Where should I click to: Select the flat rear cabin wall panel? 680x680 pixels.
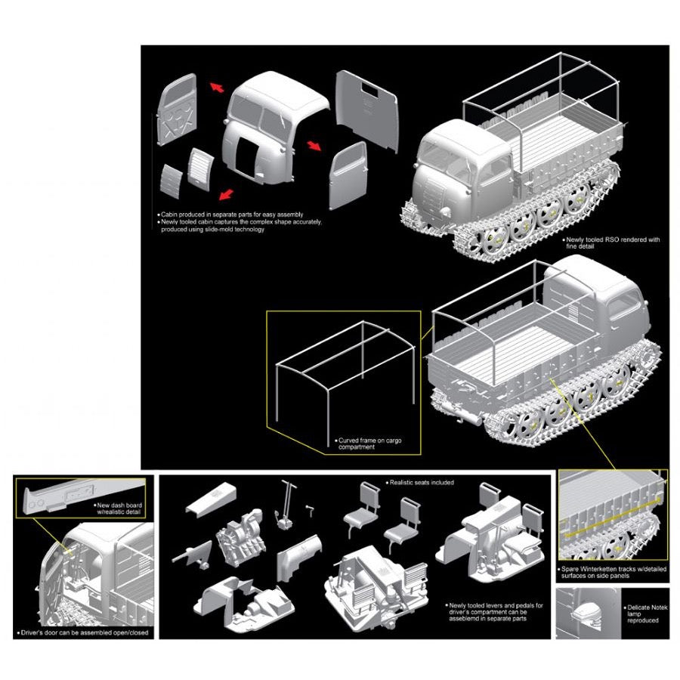pos(366,110)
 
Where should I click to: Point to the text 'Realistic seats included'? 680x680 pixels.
pos(422,482)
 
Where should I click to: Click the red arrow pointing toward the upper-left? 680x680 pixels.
pos(218,88)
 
